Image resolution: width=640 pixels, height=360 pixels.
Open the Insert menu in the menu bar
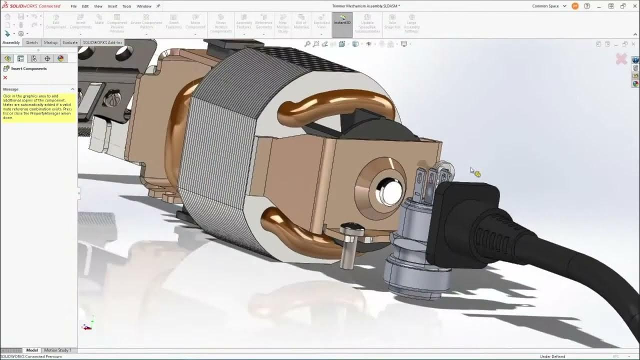point(112,6)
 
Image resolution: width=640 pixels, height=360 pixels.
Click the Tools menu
point(126,6)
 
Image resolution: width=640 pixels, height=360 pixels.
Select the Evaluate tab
point(70,42)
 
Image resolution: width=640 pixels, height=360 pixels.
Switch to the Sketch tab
point(31,42)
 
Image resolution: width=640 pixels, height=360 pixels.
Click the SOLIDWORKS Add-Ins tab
point(102,42)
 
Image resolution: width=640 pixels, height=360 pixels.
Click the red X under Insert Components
point(5,77)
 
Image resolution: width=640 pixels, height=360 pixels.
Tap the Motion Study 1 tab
point(57,350)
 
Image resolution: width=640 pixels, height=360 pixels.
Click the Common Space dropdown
point(549,6)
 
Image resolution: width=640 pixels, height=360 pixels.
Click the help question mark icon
point(587,6)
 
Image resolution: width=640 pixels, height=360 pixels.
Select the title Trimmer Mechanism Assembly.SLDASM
point(366,6)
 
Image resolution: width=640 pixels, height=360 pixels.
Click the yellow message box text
point(37,106)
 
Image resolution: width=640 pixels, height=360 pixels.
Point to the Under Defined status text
point(552,356)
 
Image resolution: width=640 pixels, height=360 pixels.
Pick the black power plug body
point(465,220)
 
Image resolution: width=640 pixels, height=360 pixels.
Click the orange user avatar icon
point(575,6)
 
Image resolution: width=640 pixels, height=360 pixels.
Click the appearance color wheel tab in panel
point(60,58)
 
